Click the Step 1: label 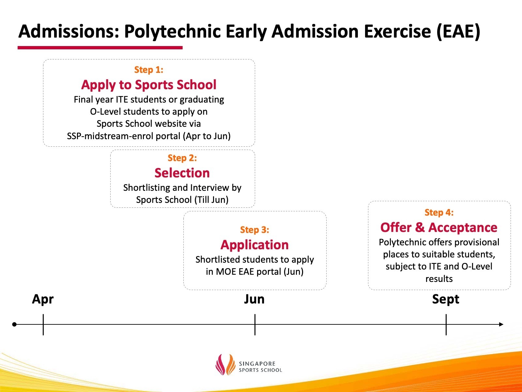(149, 70)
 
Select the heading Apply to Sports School (149, 85)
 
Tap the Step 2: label (182, 158)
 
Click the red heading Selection (182, 173)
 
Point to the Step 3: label (254, 230)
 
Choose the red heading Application (254, 245)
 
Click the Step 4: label (439, 212)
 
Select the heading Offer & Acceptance (439, 227)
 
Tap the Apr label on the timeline (43, 300)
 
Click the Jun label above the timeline (254, 299)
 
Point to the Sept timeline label (446, 300)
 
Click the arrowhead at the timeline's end (501, 324)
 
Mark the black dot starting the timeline (14, 324)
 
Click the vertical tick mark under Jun (255, 325)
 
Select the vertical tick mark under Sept (446, 325)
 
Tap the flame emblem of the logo (225, 364)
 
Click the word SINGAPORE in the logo (257, 364)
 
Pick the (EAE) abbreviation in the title (458, 32)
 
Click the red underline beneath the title (100, 48)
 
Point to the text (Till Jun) (211, 200)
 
